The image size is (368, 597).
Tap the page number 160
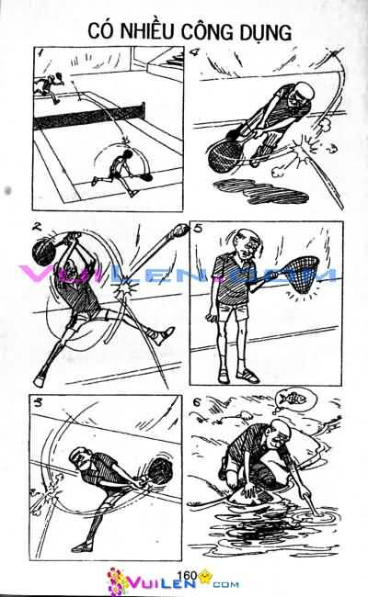pos(187,575)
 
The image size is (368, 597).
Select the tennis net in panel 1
pos(89,117)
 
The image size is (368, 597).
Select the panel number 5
pos(198,229)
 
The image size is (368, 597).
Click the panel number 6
pos(197,402)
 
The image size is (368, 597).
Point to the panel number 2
pos(37,227)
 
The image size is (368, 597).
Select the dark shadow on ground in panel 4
pos(260,191)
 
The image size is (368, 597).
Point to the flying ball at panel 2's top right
pos(180,230)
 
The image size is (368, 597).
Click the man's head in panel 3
pos(81,459)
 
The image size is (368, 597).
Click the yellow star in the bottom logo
pos(204,575)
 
